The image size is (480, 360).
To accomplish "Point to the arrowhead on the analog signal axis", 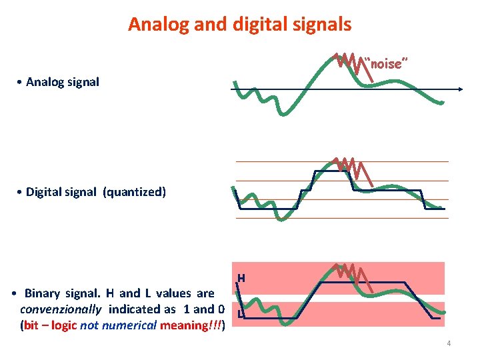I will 461,89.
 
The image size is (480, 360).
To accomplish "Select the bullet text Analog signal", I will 62,82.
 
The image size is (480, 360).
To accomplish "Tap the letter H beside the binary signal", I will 241,277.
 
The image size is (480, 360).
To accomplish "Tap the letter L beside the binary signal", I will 239,314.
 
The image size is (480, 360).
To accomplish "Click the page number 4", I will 449,343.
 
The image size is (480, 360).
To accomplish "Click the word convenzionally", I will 61,309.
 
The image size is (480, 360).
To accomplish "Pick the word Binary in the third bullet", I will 44,293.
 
